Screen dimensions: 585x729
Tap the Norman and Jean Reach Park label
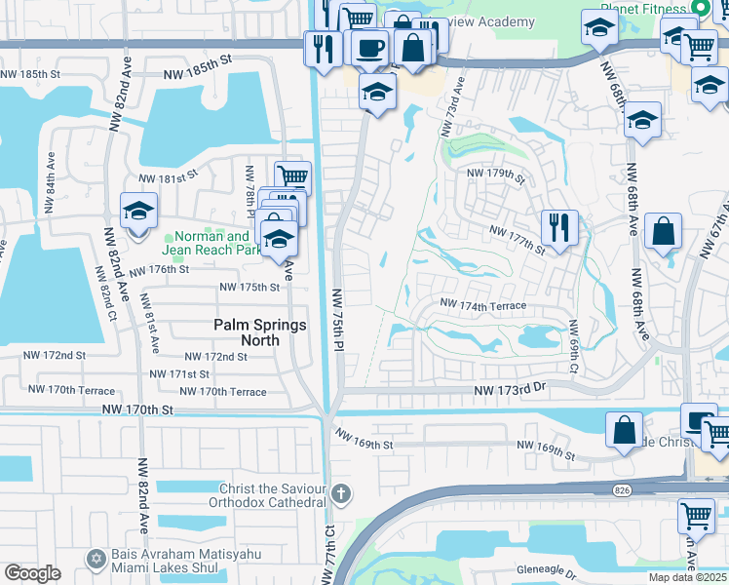(211, 243)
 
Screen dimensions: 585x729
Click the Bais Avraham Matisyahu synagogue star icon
(96, 557)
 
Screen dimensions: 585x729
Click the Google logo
(32, 573)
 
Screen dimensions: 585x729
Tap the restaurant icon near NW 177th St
(558, 228)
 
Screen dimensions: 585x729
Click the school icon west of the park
(138, 211)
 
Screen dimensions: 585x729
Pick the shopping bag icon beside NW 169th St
(624, 429)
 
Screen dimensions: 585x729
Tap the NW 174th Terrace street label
(482, 306)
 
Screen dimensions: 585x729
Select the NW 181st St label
(168, 177)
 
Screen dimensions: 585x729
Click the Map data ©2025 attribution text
(685, 577)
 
